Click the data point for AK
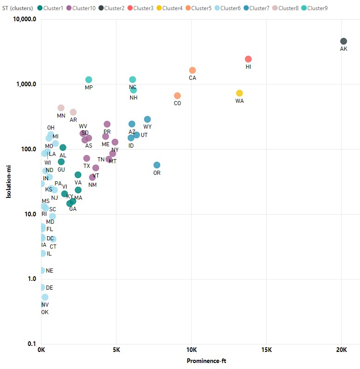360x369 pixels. click(x=343, y=42)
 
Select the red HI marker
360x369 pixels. click(x=248, y=59)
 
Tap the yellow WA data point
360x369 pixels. click(x=240, y=93)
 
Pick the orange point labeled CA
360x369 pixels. click(x=192, y=70)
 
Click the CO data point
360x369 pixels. click(x=177, y=95)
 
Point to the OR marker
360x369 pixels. click(x=157, y=165)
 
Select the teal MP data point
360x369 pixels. click(x=89, y=80)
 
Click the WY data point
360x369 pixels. click(x=147, y=119)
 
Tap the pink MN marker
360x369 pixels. click(x=61, y=108)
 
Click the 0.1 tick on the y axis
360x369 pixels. click(x=31, y=344)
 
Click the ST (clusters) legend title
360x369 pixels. click(x=18, y=8)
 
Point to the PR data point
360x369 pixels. click(x=107, y=124)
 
